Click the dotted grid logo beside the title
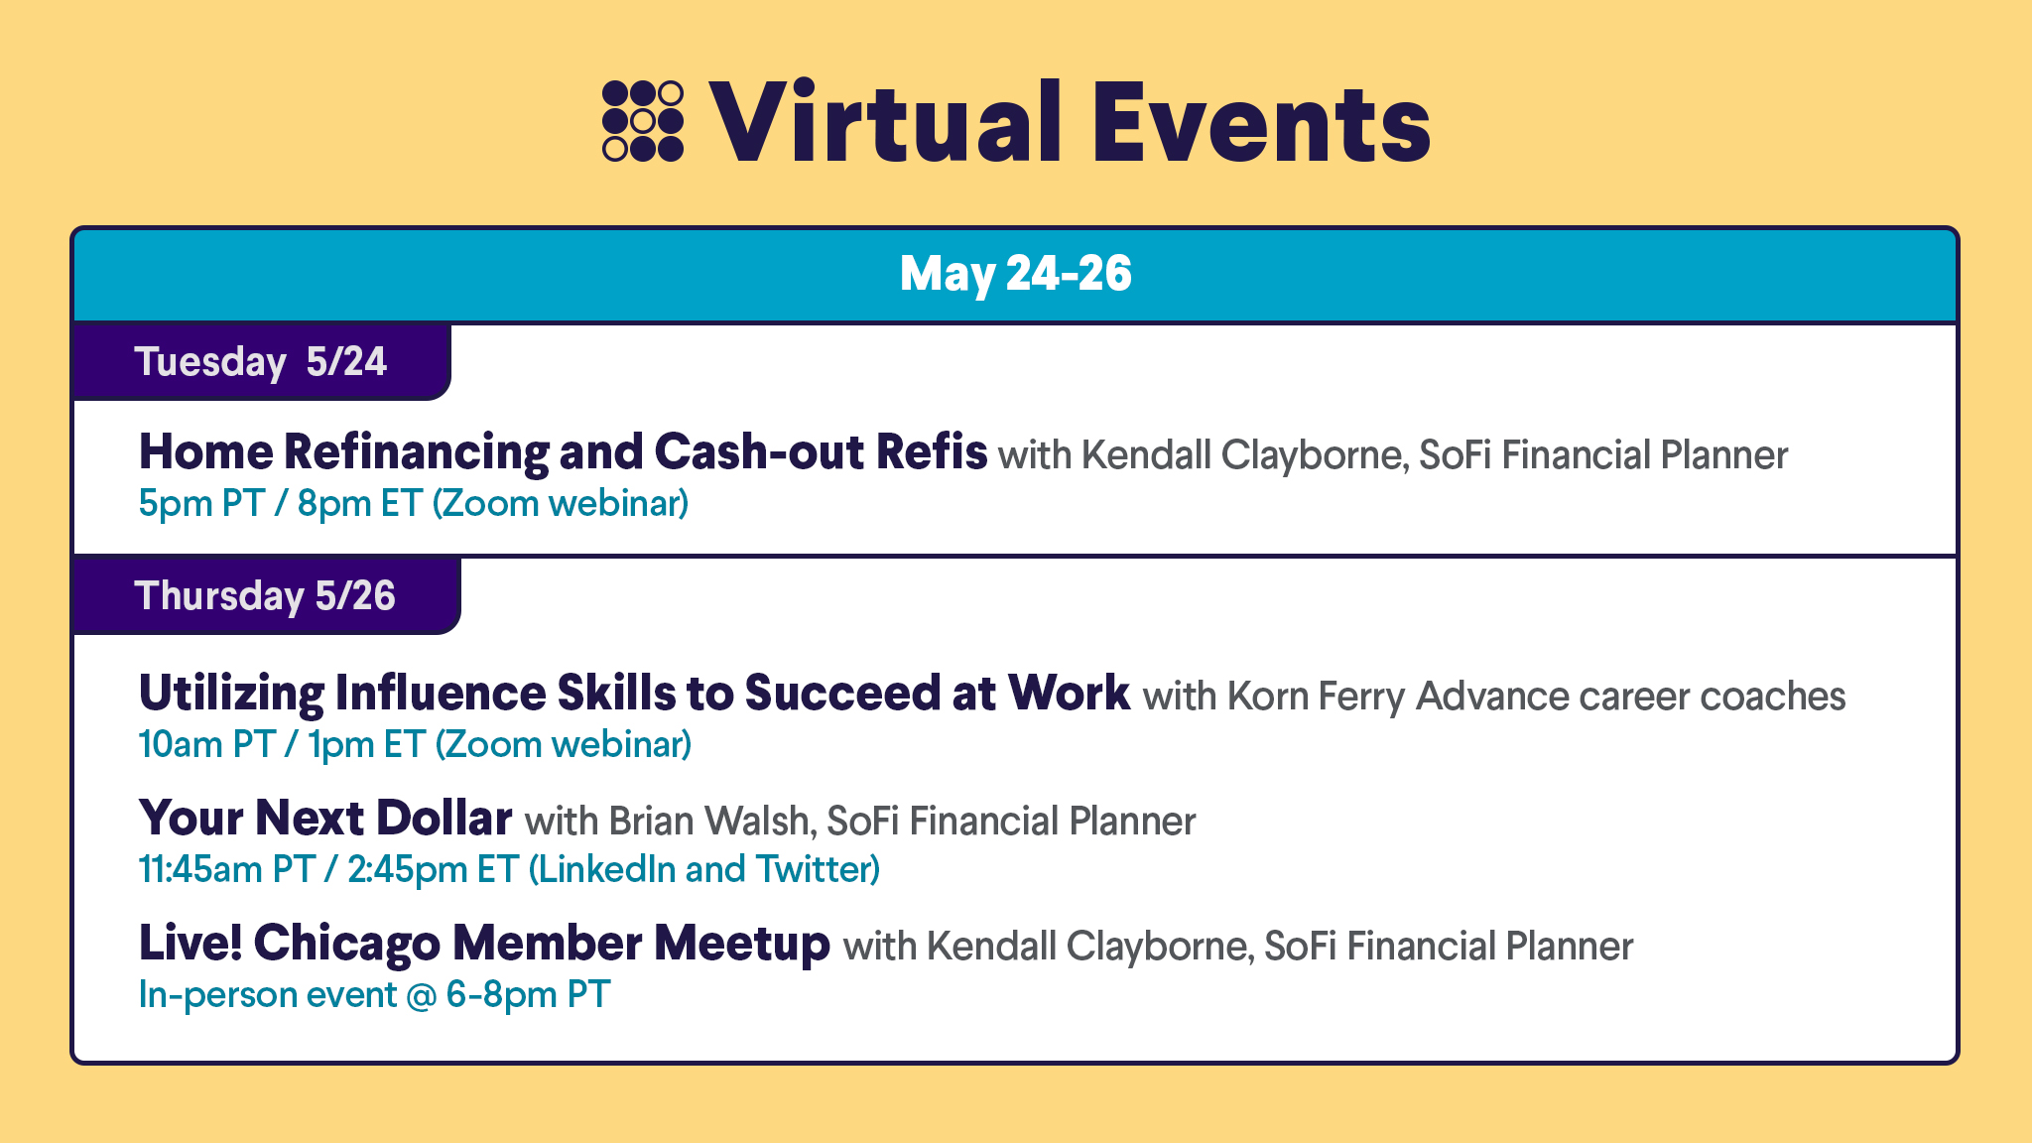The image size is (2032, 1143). tap(643, 121)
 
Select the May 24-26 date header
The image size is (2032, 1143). tap(1015, 274)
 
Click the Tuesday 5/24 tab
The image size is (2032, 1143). tap(261, 361)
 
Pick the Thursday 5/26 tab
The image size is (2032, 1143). tap(265, 595)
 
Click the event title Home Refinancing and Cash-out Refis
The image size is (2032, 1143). tap(563, 452)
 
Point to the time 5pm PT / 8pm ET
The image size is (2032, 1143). tap(281, 504)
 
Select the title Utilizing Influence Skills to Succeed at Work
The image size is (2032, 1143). tap(634, 694)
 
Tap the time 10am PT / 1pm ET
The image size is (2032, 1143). tap(283, 745)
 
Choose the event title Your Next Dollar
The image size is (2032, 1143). tap(325, 819)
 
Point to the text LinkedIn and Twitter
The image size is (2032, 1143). tap(703, 870)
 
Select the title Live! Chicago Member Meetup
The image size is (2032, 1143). tap(484, 944)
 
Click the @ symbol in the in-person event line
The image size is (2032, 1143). tap(422, 995)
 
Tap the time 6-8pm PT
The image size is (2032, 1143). tap(528, 995)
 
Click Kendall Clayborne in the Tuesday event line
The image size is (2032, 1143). tap(1241, 455)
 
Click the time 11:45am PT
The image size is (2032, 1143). tap(227, 870)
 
